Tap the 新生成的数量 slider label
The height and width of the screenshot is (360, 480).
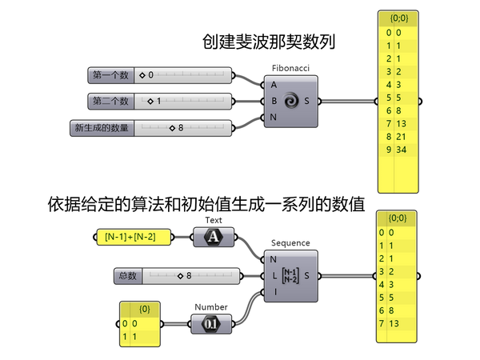pos(102,128)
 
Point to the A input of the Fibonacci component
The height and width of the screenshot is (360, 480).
pos(274,85)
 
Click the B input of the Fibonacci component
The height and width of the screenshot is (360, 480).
pos(274,101)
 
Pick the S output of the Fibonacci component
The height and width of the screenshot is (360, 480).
pos(308,101)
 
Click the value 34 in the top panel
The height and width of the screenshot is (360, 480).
pos(401,150)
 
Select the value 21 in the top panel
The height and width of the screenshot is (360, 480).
pos(401,137)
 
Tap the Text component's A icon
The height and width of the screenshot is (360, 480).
pos(214,236)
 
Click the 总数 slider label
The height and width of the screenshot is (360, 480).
pos(127,276)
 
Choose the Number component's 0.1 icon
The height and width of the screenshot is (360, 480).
pos(211,324)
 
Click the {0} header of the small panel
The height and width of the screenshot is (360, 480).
pos(144,308)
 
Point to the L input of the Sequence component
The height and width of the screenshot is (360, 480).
pos(274,276)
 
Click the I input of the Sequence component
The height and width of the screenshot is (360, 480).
pos(274,292)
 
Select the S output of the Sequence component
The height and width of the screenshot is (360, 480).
pos(308,276)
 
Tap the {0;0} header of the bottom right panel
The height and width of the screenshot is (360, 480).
pos(397,218)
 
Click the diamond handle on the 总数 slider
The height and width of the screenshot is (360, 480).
pos(180,276)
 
